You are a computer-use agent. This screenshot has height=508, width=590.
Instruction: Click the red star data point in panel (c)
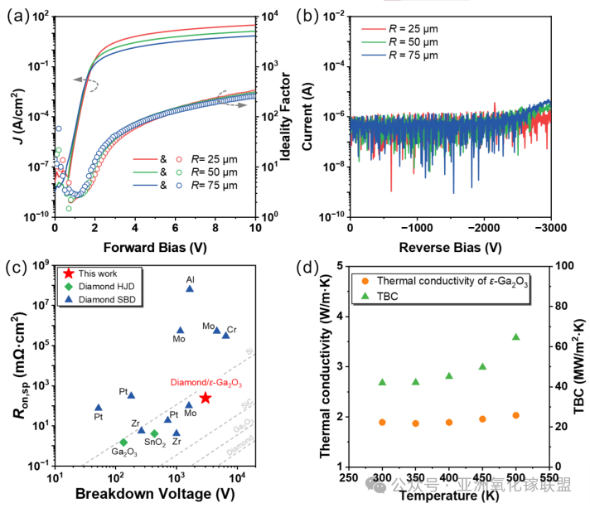(x=205, y=398)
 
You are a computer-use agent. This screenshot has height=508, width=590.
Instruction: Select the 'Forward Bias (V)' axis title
(x=154, y=247)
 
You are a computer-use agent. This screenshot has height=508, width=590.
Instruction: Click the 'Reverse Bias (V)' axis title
(x=449, y=247)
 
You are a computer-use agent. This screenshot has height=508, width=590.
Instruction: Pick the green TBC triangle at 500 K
(x=515, y=337)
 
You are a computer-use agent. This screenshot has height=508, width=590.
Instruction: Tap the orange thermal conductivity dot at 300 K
(x=382, y=422)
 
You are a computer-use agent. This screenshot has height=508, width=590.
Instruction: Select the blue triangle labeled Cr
(x=225, y=335)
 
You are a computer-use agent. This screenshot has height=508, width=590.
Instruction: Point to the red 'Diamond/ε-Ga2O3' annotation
(x=206, y=382)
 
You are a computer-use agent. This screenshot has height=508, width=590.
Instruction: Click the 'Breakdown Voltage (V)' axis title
(x=155, y=494)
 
